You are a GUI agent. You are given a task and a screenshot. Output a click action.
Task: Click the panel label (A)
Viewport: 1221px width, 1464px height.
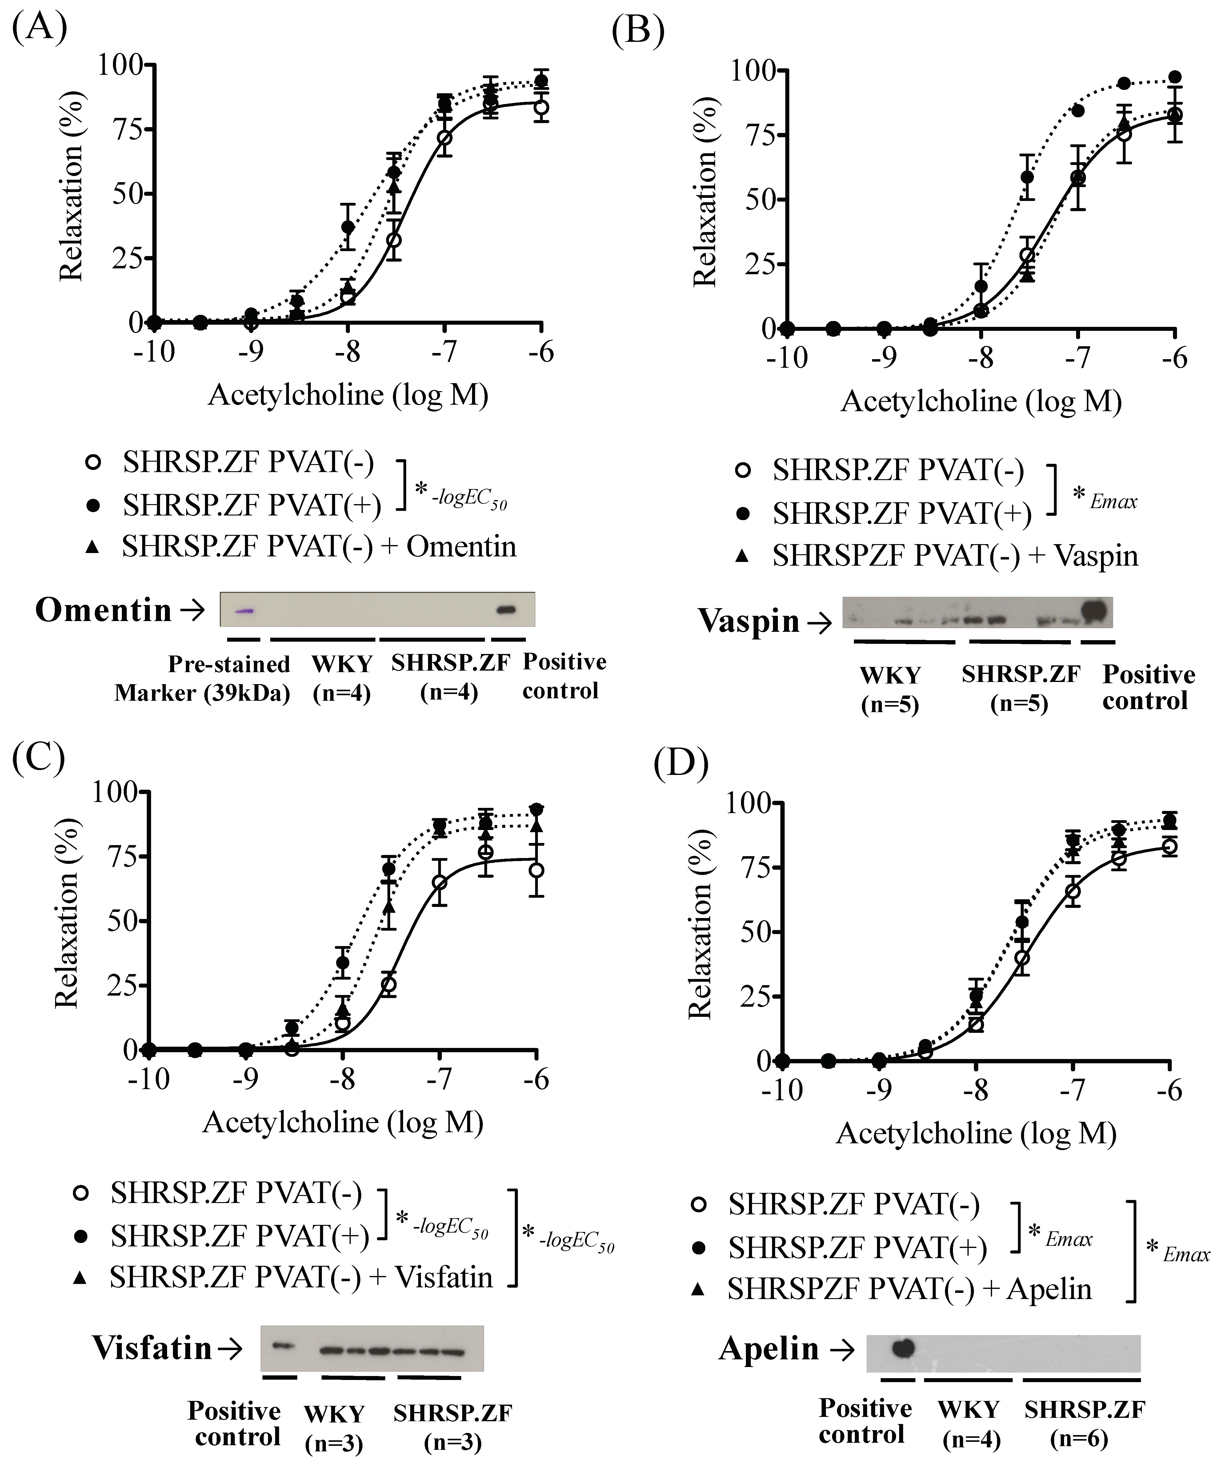pyautogui.click(x=40, y=28)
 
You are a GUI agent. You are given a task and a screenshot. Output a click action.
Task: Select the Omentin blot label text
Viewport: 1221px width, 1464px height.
pyautogui.click(x=103, y=610)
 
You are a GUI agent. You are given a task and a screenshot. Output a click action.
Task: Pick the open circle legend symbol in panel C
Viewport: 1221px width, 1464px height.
pyautogui.click(x=81, y=1193)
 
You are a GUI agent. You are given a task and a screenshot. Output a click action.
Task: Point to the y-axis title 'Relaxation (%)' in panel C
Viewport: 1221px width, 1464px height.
pyautogui.click(x=67, y=913)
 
